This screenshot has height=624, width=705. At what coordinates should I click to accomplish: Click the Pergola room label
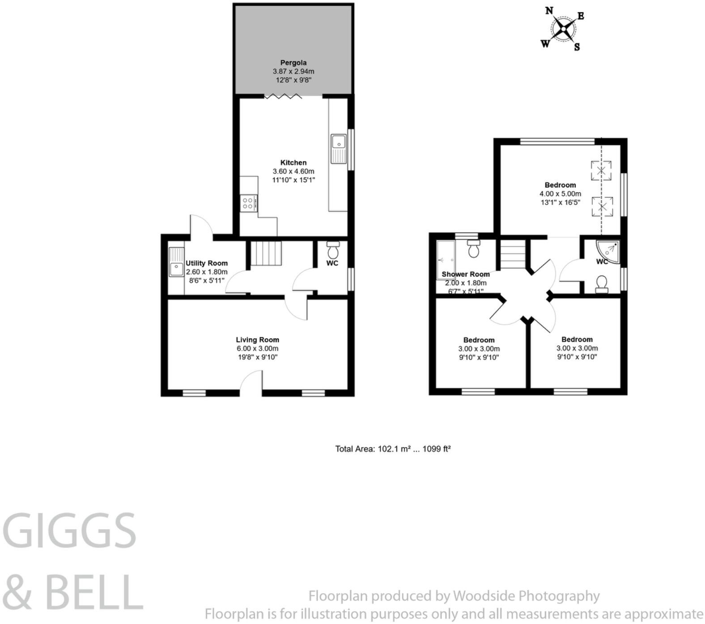293,63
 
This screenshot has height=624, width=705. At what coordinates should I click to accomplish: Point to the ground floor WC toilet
333,248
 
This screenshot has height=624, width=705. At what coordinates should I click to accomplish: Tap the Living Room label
258,340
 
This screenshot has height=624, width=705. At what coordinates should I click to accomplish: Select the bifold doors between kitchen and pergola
283,96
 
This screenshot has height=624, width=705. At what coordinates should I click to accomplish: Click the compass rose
563,30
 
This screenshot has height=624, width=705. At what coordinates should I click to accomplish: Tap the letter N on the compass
549,10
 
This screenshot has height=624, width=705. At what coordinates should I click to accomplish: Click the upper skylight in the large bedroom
602,170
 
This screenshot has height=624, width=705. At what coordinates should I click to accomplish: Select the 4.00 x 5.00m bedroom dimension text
560,194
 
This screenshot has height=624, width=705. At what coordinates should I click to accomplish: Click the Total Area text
393,449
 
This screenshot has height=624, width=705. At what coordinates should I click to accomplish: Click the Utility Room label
207,263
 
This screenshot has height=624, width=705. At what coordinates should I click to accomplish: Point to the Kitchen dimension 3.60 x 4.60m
293,171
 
